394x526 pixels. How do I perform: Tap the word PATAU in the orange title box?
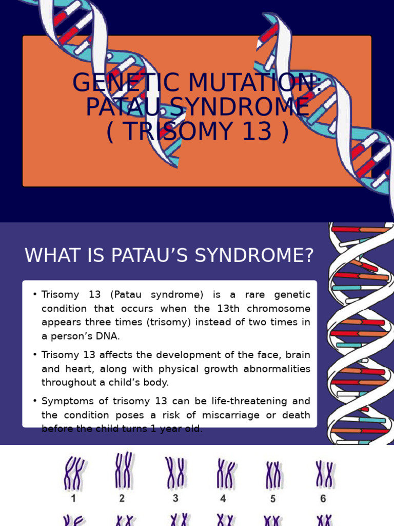point(114,107)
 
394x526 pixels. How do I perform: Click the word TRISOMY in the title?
point(180,131)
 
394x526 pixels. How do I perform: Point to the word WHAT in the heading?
point(53,255)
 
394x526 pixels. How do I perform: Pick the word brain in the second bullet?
point(299,355)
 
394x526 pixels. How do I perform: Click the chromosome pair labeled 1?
point(73,473)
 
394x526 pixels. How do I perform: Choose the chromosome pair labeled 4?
point(225,474)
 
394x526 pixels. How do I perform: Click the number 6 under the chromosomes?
point(323,498)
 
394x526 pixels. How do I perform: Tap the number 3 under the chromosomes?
point(175,498)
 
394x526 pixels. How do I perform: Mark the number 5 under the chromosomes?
point(273,498)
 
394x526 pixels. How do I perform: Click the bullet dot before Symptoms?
point(35,401)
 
